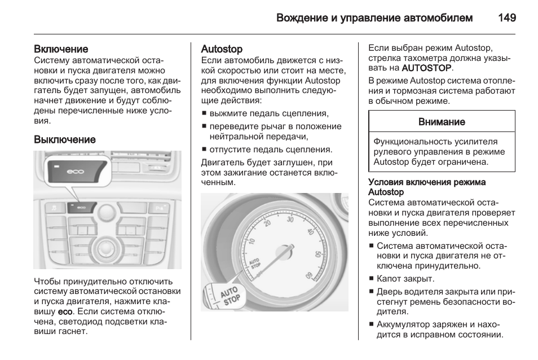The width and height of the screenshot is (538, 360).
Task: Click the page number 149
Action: point(507,17)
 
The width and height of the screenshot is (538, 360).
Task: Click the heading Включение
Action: point(61,50)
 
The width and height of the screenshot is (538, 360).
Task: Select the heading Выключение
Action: point(65,139)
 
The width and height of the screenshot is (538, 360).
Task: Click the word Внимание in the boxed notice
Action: point(442,122)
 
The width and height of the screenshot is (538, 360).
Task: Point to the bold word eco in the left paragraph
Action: point(64,311)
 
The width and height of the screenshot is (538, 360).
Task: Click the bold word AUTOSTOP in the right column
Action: point(426,68)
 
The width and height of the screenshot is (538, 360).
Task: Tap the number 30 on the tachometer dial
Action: point(290,219)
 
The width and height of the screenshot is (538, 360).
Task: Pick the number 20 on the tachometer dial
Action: point(267,224)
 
